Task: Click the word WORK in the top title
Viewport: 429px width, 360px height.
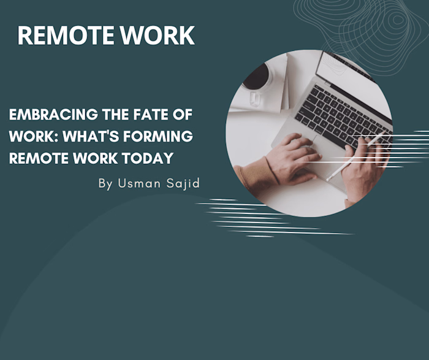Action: click(x=159, y=36)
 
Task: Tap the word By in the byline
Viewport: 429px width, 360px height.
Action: click(x=105, y=183)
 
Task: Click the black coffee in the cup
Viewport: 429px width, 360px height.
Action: click(x=256, y=76)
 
